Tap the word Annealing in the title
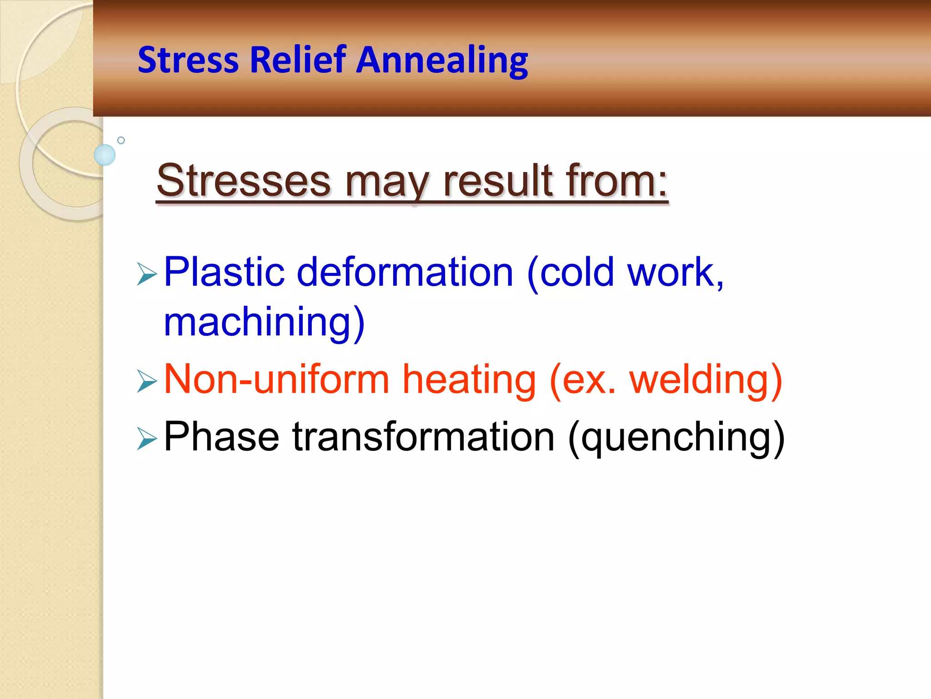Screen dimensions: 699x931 coord(441,61)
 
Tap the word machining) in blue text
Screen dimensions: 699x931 coord(264,322)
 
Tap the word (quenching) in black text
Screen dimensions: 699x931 coord(676,438)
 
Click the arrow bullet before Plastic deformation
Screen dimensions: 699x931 coord(146,274)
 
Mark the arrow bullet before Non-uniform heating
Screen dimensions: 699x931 coord(146,381)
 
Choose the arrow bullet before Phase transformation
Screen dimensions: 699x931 coord(146,439)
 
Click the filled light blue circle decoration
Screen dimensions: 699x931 coord(105,155)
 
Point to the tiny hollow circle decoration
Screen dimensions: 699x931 coord(121,140)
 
